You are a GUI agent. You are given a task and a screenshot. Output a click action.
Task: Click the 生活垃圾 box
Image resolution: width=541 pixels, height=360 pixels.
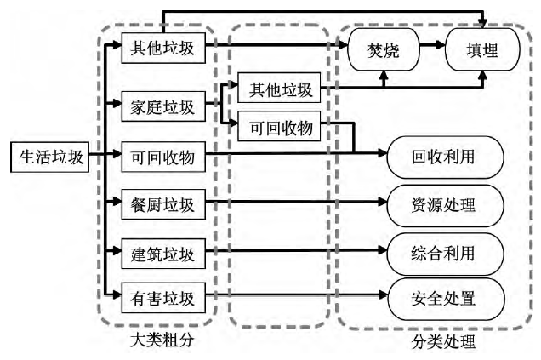click(48, 156)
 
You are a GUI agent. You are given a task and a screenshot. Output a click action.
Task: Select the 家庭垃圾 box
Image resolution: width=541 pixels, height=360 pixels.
click(163, 107)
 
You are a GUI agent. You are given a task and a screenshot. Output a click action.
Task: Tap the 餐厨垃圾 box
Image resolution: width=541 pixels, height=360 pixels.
click(163, 204)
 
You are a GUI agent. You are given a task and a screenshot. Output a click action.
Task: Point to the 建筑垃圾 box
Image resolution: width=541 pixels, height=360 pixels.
click(163, 252)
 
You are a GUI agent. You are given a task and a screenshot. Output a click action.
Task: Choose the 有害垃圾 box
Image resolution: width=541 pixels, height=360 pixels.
click(163, 299)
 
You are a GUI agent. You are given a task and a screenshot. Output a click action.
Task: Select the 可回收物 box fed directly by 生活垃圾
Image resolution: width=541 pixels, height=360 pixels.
click(163, 156)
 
